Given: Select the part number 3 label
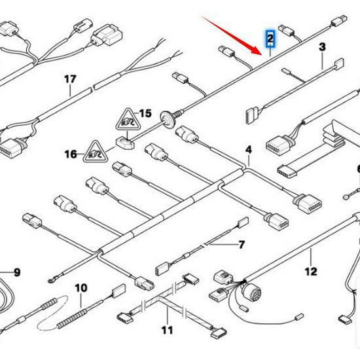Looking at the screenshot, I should pos(322,47).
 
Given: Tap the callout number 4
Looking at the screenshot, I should pos(249,151).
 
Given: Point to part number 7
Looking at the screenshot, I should pos(241,245).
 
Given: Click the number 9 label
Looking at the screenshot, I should pos(17,272).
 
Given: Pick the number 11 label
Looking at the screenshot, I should pos(168,330).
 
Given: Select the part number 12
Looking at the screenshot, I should pos(310,271).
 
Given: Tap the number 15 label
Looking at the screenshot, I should pos(145,114).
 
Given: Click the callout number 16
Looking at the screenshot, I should pos(71,154).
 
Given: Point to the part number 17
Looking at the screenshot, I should pos(70,79).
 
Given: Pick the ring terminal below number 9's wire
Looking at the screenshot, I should pos(51,283).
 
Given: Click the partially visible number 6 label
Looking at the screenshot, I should pos(357,170).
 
